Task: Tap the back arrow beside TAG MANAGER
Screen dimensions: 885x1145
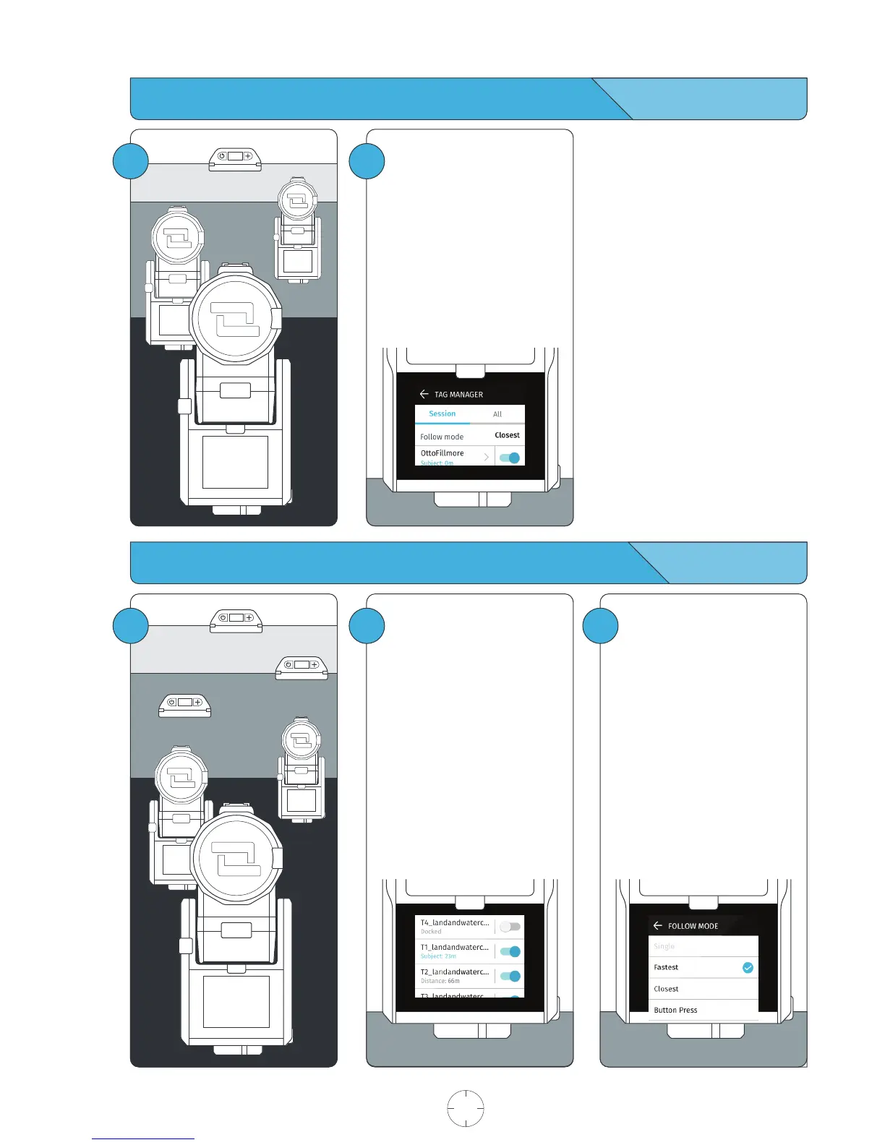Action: tap(424, 394)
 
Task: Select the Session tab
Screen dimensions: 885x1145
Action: tap(442, 413)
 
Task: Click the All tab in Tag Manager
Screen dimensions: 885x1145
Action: tap(497, 414)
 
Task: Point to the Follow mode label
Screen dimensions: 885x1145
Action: tap(442, 437)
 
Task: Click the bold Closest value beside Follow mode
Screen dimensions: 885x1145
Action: tap(507, 435)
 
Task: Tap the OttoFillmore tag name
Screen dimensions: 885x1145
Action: tap(442, 453)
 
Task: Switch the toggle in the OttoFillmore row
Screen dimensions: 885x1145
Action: tap(510, 458)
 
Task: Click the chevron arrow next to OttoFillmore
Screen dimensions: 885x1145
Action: tap(487, 457)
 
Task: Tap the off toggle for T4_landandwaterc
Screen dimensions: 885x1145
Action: tap(510, 927)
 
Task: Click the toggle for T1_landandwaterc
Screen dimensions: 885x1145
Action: tap(510, 951)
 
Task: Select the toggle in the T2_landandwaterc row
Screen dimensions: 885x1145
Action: tap(510, 976)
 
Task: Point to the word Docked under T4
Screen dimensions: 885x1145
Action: tap(431, 932)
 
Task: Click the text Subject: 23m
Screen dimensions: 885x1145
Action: tap(438, 956)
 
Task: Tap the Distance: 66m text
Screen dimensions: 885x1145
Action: tap(440, 981)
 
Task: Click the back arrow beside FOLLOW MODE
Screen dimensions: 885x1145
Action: tap(657, 925)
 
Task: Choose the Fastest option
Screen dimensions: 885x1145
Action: tap(666, 967)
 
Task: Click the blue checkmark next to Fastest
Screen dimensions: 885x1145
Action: tap(748, 967)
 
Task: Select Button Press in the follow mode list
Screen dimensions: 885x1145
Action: tap(675, 1010)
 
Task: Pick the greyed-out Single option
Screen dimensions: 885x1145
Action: tap(664, 946)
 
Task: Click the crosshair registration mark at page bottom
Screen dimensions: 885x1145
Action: tap(466, 1108)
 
